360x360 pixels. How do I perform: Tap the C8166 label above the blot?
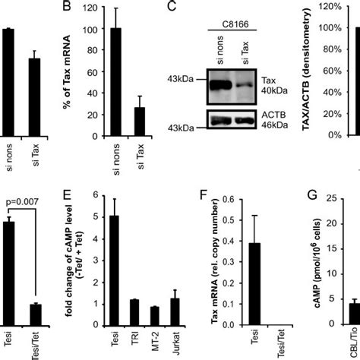click(226, 34)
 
